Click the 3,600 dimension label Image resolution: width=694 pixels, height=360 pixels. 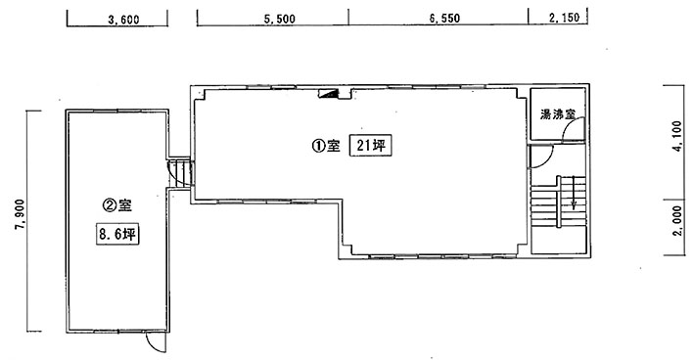click(123, 20)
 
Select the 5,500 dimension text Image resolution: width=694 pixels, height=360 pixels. click(279, 19)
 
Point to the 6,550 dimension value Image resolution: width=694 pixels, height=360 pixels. click(444, 19)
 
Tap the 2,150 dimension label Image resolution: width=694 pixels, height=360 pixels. click(564, 18)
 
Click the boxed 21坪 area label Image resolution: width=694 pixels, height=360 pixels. click(371, 145)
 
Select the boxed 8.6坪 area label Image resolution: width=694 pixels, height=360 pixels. click(117, 234)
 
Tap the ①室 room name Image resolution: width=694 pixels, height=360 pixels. click(326, 146)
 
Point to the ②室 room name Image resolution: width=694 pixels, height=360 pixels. click(117, 204)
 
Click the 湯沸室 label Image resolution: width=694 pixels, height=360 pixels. click(557, 114)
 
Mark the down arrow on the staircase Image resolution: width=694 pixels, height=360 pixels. click(574, 193)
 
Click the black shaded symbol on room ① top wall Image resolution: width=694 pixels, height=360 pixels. click(330, 93)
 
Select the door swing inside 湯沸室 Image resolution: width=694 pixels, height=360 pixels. click(573, 128)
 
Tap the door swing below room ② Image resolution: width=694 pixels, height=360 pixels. click(156, 342)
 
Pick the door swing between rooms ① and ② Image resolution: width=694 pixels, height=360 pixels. click(179, 174)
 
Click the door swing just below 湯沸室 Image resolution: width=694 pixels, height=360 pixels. click(541, 157)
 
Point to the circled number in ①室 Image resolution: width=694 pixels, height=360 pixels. click(318, 146)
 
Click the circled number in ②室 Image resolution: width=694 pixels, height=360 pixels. click(109, 205)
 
